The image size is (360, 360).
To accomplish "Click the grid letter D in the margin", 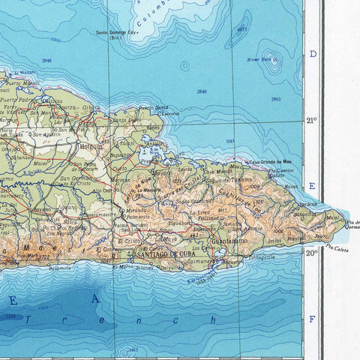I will click(x=313, y=54).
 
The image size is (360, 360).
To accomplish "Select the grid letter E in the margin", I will click(x=313, y=186).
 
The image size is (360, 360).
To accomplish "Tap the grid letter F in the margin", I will click(x=313, y=317).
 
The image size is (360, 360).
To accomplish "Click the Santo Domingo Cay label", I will click(x=117, y=33).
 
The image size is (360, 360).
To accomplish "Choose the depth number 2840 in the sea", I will click(x=201, y=91).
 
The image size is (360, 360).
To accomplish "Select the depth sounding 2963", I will click(x=277, y=99).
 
